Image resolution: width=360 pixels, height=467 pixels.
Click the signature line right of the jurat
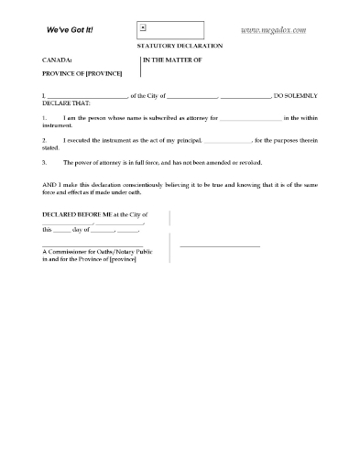[x=220, y=246]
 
